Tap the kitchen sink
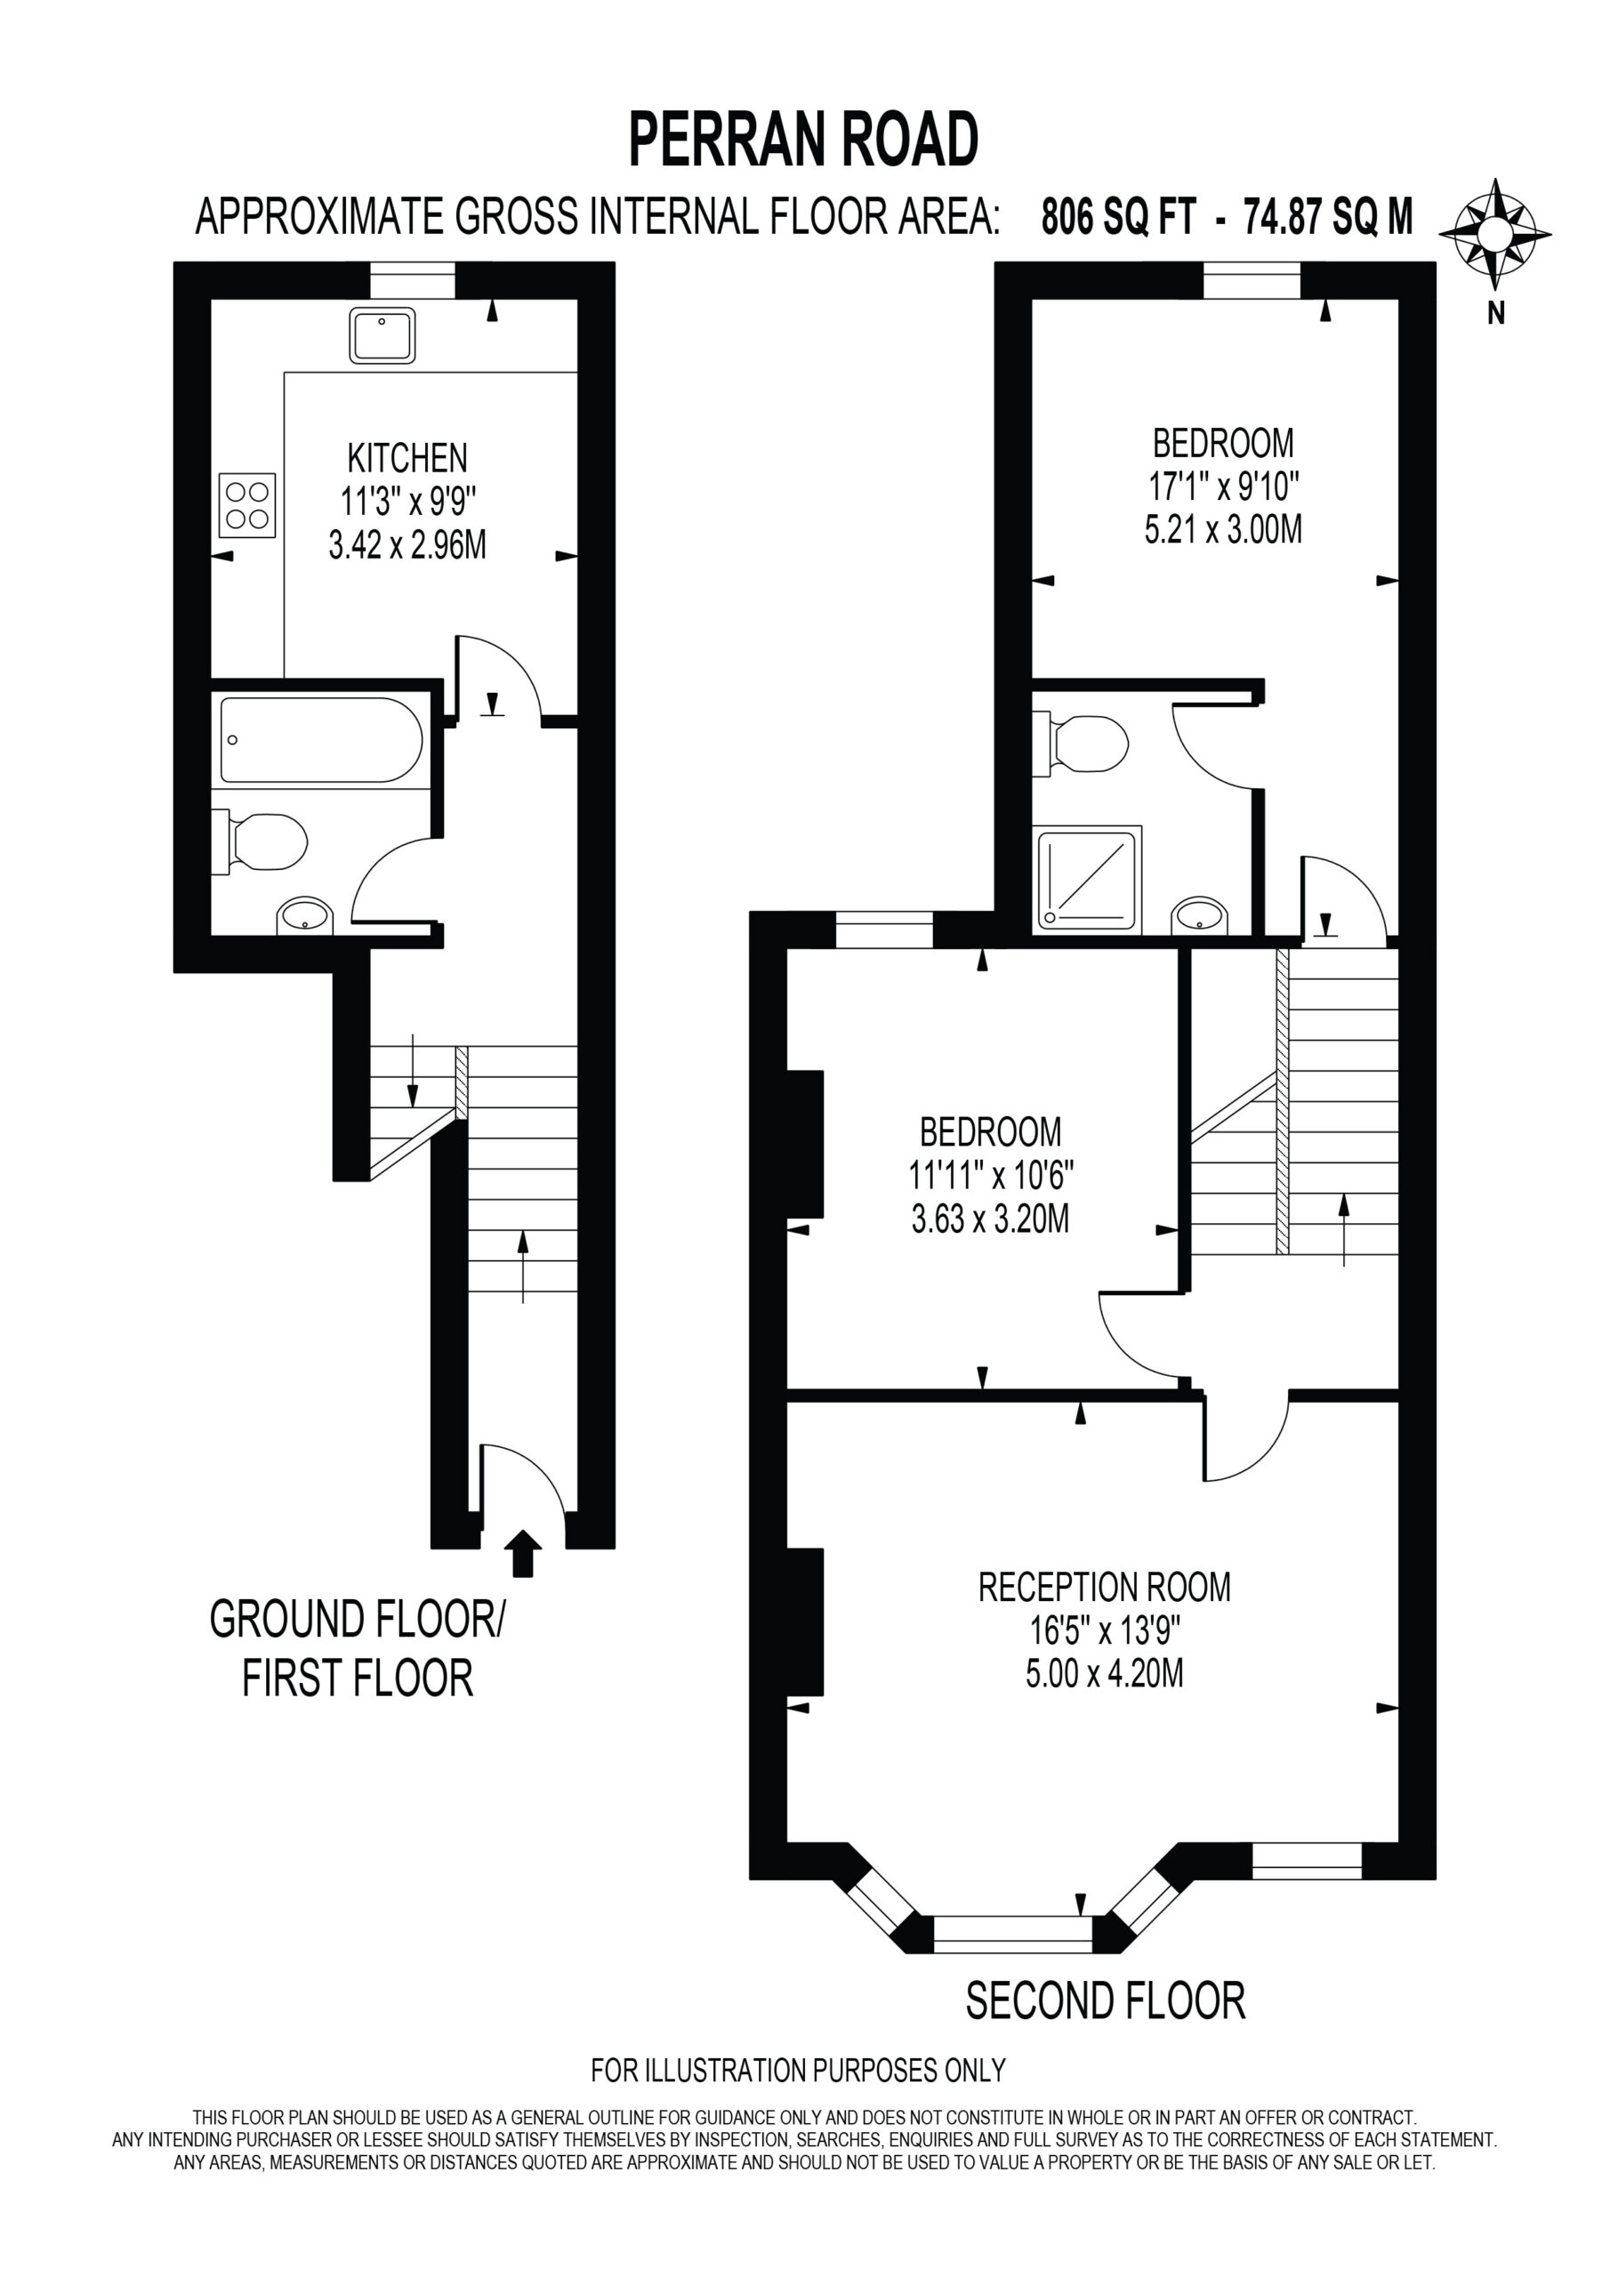pos(382,335)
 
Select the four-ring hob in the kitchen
pos(247,506)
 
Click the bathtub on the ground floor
pos(321,741)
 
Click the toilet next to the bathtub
pos(260,843)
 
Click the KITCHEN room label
pos(407,458)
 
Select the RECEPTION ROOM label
pos(1104,1587)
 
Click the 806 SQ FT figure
pos(1118,216)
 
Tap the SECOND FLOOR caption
pos(1105,2001)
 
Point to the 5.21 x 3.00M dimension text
pos(1223,529)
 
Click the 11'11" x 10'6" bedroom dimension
pos(991,1175)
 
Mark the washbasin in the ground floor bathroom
pos(305,915)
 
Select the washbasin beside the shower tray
pos(1199,915)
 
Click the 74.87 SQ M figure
pos(1328,216)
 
